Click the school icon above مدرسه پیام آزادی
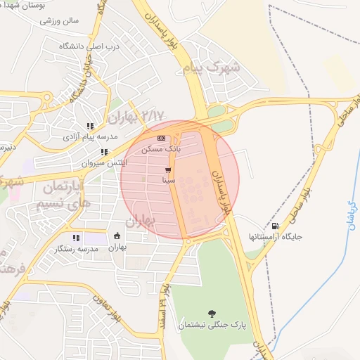tap(90, 126)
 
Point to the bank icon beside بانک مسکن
tap(162, 139)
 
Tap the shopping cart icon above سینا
tap(168, 171)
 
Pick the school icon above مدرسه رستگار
tap(76, 238)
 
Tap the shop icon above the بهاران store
tap(117, 236)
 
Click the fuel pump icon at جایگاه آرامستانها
tap(274, 226)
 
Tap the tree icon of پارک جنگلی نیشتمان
tap(212, 313)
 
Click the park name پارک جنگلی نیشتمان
tap(212, 324)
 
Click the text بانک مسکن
tap(161, 149)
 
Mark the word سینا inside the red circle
tap(168, 181)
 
